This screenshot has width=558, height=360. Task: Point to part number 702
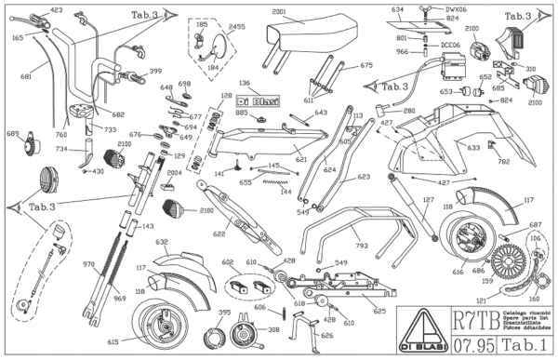505,163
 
